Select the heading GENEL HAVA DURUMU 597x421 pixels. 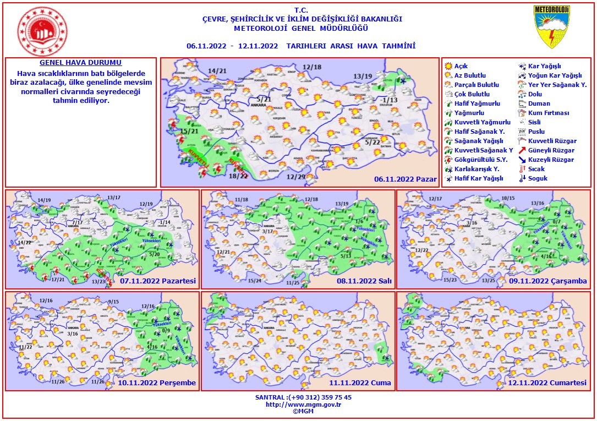[x=80, y=63]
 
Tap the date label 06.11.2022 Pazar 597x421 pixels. [x=405, y=179]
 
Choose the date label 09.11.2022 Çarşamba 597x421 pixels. [x=548, y=281]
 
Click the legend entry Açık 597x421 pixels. [x=461, y=66]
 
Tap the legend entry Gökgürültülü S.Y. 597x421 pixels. [x=476, y=160]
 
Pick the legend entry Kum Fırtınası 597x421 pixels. [x=548, y=113]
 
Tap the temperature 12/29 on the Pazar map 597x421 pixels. [x=296, y=177]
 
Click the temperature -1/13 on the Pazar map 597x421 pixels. [x=390, y=100]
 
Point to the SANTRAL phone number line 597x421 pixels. [x=303, y=397]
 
